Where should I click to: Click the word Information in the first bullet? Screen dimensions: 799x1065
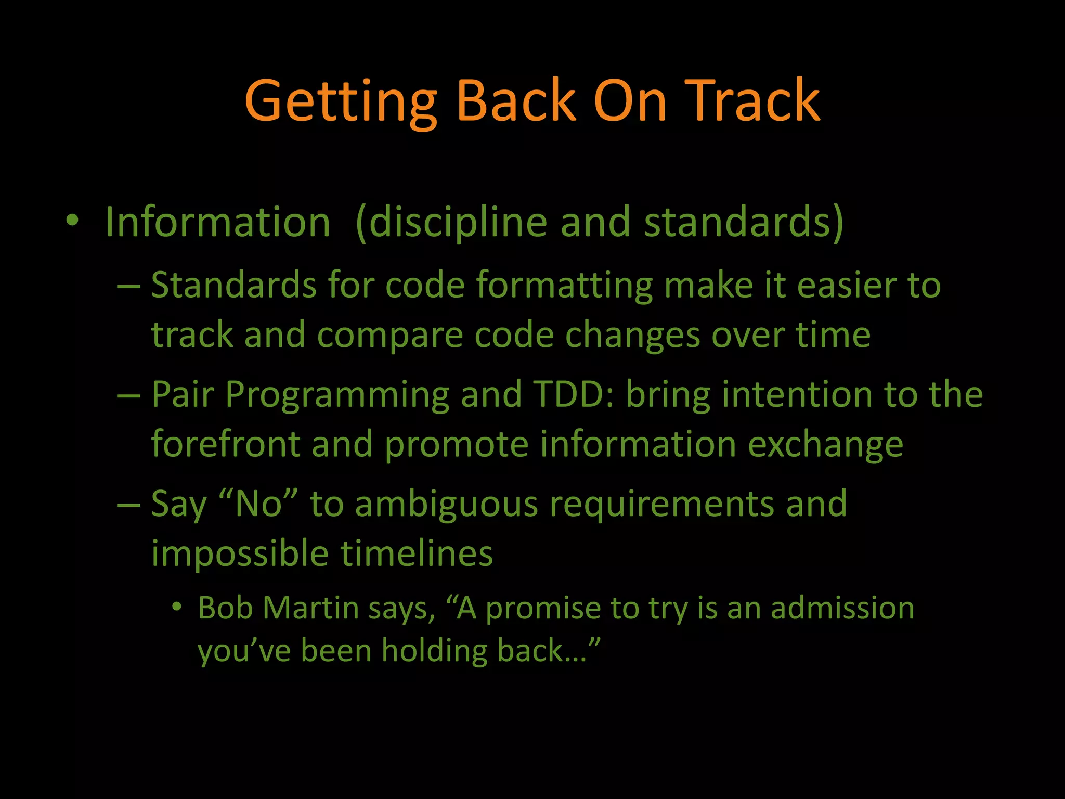(218, 222)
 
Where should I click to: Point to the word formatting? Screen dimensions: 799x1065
(564, 286)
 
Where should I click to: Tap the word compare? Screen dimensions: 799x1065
(390, 336)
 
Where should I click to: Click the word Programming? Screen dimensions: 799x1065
(337, 395)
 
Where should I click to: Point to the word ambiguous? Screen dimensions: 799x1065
(446, 505)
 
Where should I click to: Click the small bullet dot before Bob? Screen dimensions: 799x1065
(177, 607)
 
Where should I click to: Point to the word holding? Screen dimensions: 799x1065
(434, 651)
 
